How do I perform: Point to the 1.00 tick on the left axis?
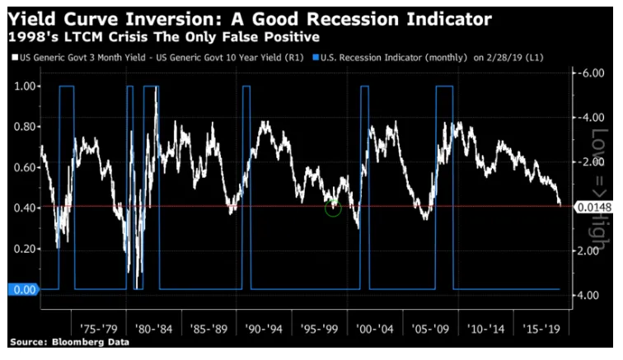coord(26,86)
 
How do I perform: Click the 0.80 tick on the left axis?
coord(26,127)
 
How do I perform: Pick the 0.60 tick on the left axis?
coord(26,167)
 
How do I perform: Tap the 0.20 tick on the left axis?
coord(26,249)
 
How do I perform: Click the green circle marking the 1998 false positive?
coord(333,208)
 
